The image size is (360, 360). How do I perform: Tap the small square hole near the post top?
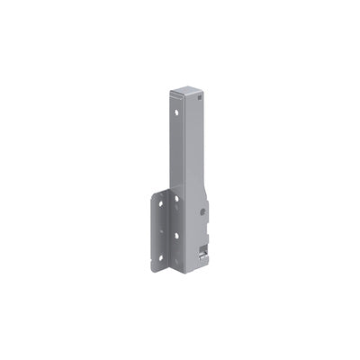point(193,98)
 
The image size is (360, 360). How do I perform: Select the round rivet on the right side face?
point(204,211)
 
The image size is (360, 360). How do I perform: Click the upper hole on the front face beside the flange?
point(177,199)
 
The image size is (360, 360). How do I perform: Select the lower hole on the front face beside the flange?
point(177,236)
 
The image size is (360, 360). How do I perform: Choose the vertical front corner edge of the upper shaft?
point(184,144)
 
